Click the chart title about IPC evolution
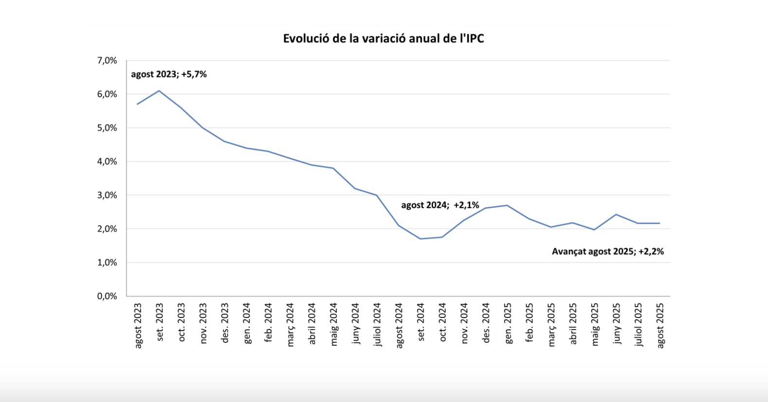point(384,39)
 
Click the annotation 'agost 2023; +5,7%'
point(169,74)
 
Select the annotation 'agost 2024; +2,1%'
point(440,205)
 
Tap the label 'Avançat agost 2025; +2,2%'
point(607,251)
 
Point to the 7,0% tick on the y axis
point(107,61)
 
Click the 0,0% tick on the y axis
point(107,296)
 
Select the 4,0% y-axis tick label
point(107,161)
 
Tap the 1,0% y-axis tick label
point(107,262)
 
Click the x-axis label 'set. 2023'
point(160,322)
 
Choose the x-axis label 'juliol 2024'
point(378,325)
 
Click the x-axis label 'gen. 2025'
point(509,323)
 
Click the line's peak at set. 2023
point(159,91)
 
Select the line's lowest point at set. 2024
point(420,239)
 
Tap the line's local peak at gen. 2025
point(508,205)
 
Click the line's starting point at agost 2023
point(137,104)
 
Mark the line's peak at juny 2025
point(616,214)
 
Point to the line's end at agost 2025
point(659,223)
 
